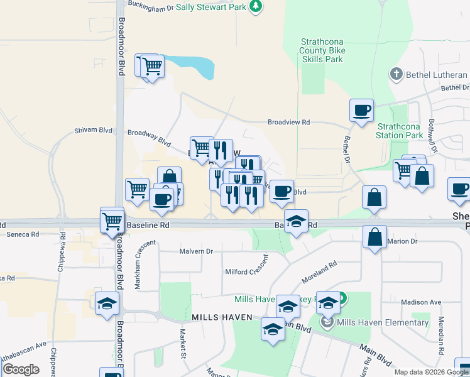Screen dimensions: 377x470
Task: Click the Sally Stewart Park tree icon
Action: (x=255, y=6)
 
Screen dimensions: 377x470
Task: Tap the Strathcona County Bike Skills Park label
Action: (x=322, y=50)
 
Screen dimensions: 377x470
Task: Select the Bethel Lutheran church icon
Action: (x=396, y=75)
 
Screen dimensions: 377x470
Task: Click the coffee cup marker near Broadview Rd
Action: (x=361, y=110)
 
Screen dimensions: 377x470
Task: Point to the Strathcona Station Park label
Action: (x=400, y=130)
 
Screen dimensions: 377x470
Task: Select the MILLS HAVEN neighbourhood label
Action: (x=222, y=317)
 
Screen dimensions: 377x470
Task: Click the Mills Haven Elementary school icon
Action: (x=327, y=322)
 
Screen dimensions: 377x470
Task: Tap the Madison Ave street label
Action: (x=420, y=302)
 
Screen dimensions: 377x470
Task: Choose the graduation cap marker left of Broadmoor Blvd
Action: (x=107, y=303)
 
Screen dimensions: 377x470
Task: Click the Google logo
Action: (x=21, y=369)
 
